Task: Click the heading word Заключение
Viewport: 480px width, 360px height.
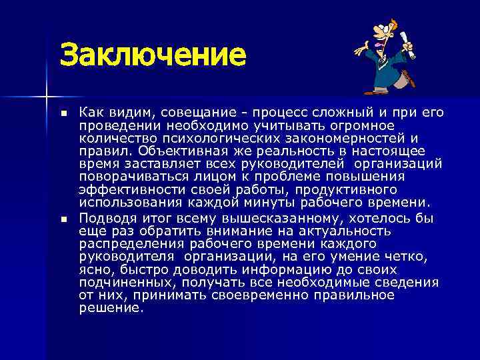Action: (x=153, y=54)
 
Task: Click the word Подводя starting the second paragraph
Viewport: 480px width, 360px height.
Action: (x=107, y=218)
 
